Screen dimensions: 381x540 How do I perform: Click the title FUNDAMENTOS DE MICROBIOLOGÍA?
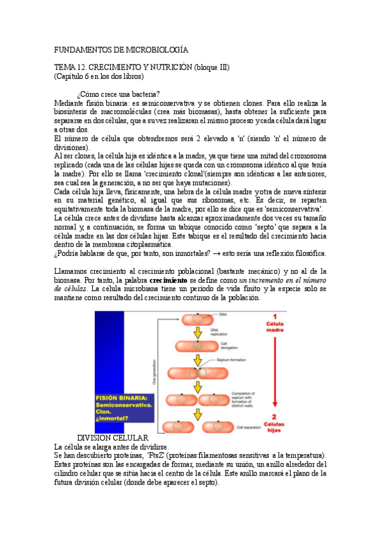pyautogui.click(x=121, y=49)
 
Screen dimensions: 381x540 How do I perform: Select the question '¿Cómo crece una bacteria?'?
pyautogui.click(x=118, y=94)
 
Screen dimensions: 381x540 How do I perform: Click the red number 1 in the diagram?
pyautogui.click(x=274, y=317)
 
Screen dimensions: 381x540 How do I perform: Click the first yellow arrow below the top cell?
pyautogui.click(x=198, y=333)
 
